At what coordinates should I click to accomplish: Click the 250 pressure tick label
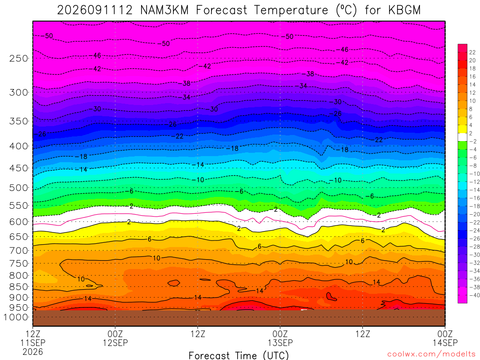(x=19, y=58)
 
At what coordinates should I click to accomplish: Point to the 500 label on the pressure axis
(x=19, y=187)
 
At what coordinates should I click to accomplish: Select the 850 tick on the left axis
(x=19, y=287)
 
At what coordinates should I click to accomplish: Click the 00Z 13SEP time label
(x=280, y=338)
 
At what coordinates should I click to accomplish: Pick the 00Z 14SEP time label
(x=445, y=338)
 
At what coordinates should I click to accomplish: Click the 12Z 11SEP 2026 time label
(x=33, y=343)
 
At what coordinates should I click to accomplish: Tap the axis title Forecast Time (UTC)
(x=239, y=355)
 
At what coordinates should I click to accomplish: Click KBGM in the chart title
(x=405, y=10)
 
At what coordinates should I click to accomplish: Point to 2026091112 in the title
(x=95, y=10)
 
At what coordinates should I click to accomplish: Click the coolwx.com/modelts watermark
(x=431, y=354)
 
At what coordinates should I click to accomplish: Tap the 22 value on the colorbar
(x=472, y=52)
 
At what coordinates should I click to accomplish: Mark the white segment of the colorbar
(x=463, y=137)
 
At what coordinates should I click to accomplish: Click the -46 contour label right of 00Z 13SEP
(x=342, y=49)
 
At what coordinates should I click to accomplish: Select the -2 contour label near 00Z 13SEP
(x=274, y=210)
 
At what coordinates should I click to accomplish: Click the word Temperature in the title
(x=290, y=10)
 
